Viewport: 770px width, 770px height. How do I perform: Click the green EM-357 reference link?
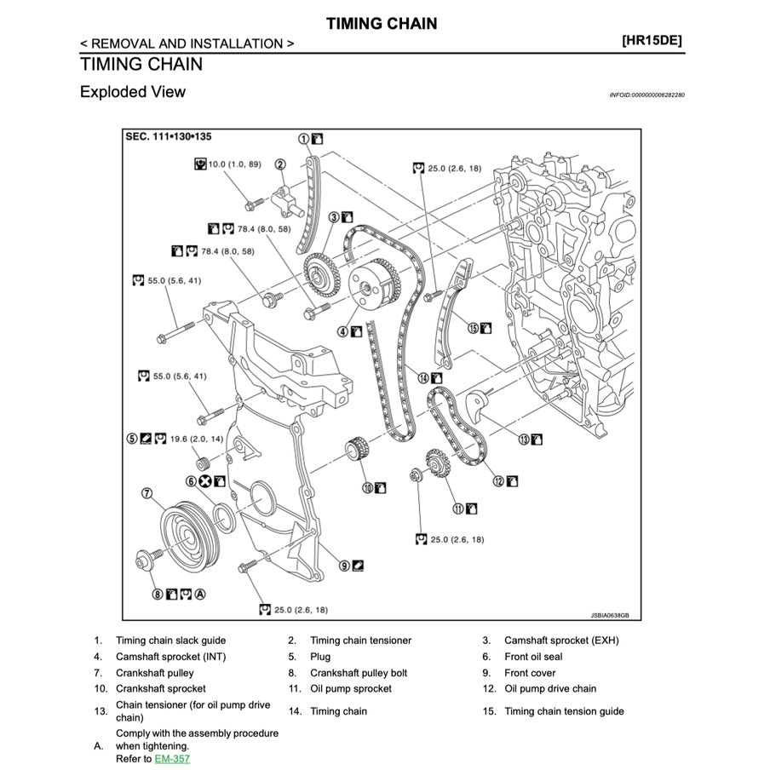pyautogui.click(x=171, y=758)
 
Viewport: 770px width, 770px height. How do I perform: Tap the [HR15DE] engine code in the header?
pyautogui.click(x=652, y=40)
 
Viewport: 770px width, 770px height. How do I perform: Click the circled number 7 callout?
pyautogui.click(x=147, y=492)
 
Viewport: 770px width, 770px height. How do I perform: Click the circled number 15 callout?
pyautogui.click(x=471, y=327)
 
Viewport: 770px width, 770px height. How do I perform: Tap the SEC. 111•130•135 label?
pyautogui.click(x=168, y=136)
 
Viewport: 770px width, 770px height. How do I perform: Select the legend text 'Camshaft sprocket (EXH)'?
pyautogui.click(x=561, y=641)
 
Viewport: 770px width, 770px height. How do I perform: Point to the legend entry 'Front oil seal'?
pyautogui.click(x=533, y=657)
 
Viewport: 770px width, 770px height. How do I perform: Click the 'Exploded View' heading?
pyautogui.click(x=132, y=91)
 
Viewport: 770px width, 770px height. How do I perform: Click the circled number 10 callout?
pyautogui.click(x=367, y=488)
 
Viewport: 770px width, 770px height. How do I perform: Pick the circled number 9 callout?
pyautogui.click(x=344, y=564)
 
